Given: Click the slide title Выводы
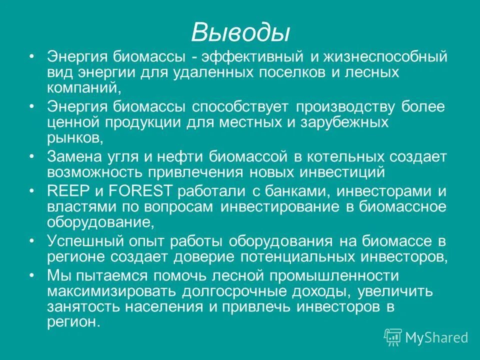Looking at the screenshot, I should pos(240,32).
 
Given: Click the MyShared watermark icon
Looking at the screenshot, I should pos(393,337).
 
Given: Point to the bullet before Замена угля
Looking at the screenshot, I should pos(32,156).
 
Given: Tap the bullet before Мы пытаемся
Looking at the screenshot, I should pos(32,275).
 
